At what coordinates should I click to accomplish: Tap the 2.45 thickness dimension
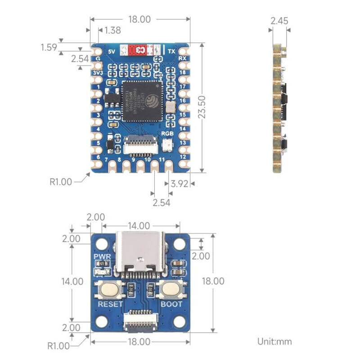(x=279, y=21)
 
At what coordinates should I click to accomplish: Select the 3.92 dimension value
(x=178, y=184)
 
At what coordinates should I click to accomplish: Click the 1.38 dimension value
(x=112, y=31)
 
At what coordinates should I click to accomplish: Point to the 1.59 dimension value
(x=49, y=47)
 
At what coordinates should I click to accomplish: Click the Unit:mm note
(x=274, y=341)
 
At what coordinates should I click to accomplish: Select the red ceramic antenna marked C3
(x=137, y=49)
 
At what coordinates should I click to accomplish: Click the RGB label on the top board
(x=167, y=134)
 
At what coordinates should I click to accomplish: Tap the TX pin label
(x=171, y=51)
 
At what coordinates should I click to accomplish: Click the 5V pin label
(x=112, y=51)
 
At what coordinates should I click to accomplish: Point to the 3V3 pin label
(x=98, y=73)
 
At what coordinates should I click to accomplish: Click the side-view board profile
(x=279, y=108)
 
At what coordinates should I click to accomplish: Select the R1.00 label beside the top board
(x=61, y=182)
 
